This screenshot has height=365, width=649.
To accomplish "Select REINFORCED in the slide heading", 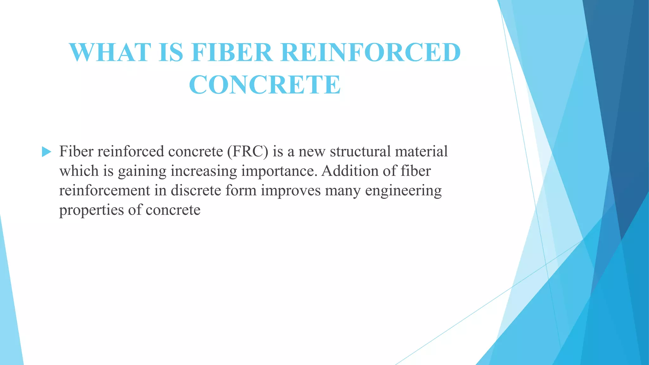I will [x=370, y=52].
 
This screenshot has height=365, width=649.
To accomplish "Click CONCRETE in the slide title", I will [x=265, y=85].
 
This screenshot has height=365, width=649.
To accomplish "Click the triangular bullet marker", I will [x=46, y=152].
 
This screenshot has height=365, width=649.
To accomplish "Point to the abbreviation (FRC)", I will [x=247, y=151].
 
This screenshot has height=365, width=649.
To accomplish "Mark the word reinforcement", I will [x=105, y=190].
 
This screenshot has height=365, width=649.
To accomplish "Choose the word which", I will [x=79, y=171].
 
